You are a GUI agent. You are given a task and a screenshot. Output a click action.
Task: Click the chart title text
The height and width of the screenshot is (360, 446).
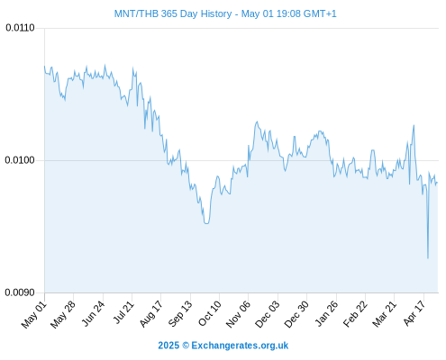[225, 13]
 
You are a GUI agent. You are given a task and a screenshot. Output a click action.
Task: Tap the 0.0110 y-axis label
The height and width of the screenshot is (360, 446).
[20, 28]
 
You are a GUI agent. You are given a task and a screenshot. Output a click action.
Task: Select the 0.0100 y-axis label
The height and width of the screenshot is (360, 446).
[20, 160]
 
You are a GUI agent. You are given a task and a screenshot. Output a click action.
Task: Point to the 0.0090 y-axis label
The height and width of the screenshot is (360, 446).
[20, 292]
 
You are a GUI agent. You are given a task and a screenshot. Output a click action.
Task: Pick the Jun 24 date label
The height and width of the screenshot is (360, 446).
[94, 314]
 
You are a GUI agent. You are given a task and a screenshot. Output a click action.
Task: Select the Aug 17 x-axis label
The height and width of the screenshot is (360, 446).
[151, 314]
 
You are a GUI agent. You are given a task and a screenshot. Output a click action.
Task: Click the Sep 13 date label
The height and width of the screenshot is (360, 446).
[180, 314]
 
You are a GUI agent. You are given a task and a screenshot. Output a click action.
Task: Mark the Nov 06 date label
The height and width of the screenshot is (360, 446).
[238, 314]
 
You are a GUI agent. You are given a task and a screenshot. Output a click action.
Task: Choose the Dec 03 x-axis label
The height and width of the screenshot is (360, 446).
[268, 314]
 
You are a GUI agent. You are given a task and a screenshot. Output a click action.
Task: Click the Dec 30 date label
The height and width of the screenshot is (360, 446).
[296, 314]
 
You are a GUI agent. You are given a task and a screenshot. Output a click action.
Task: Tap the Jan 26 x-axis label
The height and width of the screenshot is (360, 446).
[326, 313]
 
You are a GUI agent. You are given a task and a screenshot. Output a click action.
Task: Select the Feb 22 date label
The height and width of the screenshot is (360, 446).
[355, 314]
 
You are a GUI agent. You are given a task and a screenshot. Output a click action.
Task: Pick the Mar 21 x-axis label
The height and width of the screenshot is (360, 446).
[385, 314]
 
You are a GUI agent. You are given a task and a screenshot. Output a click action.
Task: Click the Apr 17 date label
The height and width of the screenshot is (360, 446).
[414, 313]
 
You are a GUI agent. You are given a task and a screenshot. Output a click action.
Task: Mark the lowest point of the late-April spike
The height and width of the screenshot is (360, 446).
[428, 258]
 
